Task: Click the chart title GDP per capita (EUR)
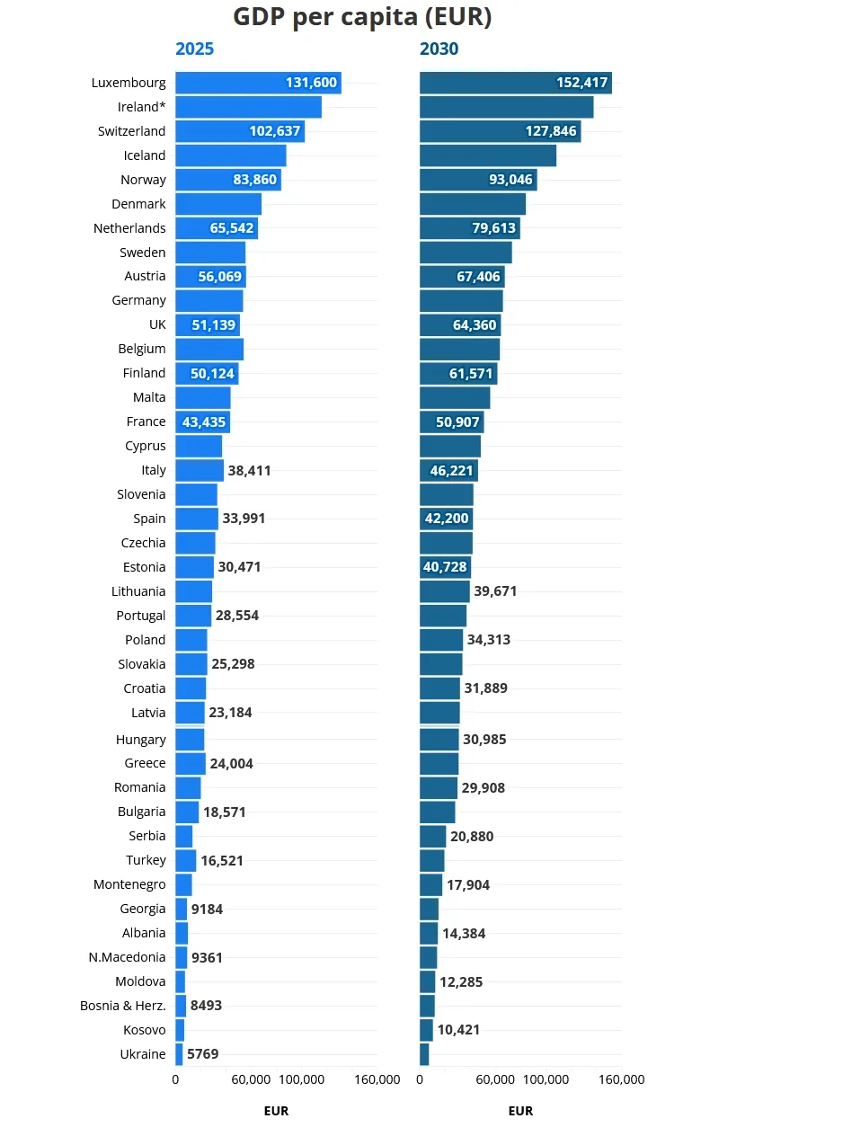click(x=362, y=17)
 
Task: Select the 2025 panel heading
click(x=194, y=49)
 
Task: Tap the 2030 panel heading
click(x=439, y=49)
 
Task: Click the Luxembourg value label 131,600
click(x=311, y=83)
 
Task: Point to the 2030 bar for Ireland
click(x=506, y=107)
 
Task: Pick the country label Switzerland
click(x=132, y=131)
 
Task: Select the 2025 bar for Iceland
click(x=230, y=155)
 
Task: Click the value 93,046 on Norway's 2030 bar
click(x=510, y=180)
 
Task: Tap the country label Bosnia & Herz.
click(x=123, y=1006)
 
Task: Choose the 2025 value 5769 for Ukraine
click(x=203, y=1054)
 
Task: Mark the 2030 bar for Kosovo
click(x=426, y=1030)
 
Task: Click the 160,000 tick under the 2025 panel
click(x=377, y=1079)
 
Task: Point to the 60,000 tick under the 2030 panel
click(x=495, y=1079)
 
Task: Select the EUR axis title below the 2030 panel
click(x=520, y=1111)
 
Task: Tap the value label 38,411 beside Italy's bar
click(x=249, y=470)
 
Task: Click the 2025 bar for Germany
click(x=209, y=300)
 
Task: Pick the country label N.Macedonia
click(x=128, y=957)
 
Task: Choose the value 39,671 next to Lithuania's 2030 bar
click(x=495, y=591)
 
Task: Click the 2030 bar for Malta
click(x=455, y=397)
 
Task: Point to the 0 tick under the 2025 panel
click(x=175, y=1079)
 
